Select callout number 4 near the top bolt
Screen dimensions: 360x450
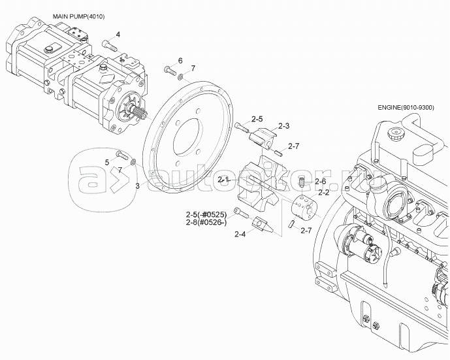118,33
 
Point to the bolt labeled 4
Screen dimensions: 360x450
109,46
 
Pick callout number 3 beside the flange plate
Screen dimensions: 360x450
137,186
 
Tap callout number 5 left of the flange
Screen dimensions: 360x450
108,161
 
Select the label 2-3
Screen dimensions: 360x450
283,125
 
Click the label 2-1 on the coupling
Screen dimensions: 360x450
224,178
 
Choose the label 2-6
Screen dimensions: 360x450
319,181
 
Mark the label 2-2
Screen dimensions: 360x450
323,192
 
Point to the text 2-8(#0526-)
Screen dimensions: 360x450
206,223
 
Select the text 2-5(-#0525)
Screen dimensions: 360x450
205,214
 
